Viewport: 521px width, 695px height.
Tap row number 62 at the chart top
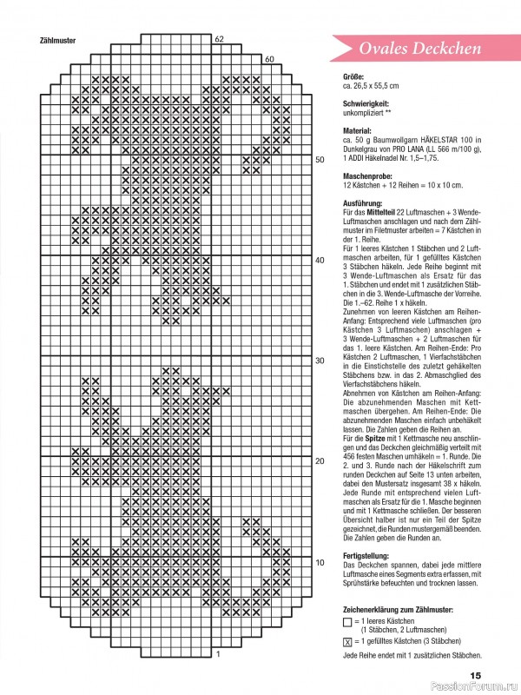tap(219, 39)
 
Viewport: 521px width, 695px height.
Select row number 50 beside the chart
tap(319, 160)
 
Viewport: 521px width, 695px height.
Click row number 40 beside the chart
tap(319, 260)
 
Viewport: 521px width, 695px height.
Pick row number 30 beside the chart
tap(319, 361)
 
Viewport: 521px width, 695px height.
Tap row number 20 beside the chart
tap(319, 461)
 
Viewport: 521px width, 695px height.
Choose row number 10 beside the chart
tap(319, 562)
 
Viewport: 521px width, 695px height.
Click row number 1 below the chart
tap(218, 653)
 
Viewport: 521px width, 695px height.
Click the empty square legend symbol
tap(348, 623)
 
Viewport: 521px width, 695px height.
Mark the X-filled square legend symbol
tap(348, 641)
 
